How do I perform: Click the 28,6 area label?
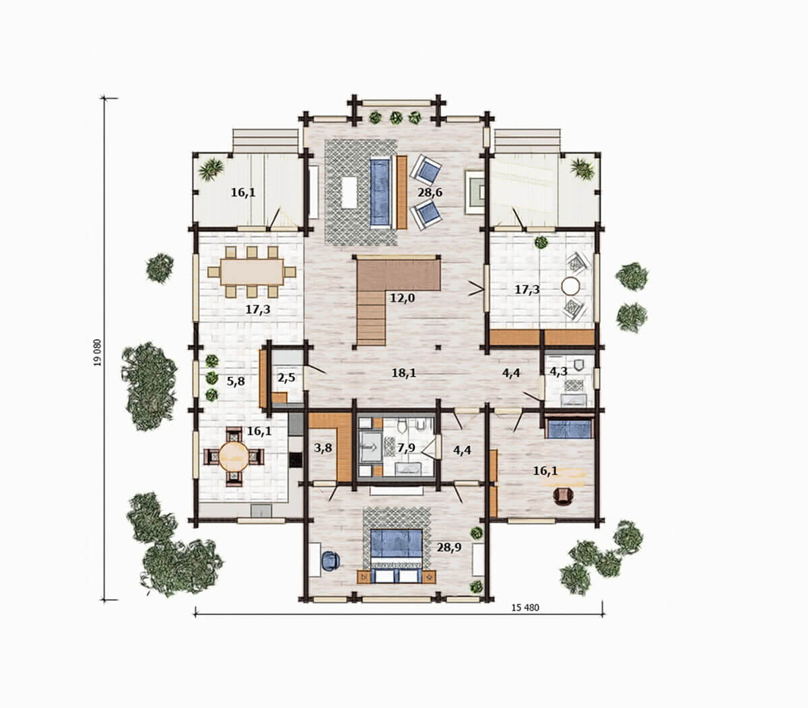tap(430, 192)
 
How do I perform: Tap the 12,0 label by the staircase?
tap(402, 297)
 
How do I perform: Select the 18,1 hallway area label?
tap(404, 373)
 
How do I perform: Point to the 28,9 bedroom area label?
tap(448, 547)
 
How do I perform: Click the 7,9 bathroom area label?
tap(406, 448)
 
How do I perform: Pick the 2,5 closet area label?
tap(286, 377)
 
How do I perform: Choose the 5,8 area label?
tap(236, 382)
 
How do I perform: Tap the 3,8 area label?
tap(323, 448)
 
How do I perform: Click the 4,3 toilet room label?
tap(558, 371)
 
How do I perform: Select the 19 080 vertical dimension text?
tap(98, 353)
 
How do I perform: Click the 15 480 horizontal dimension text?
tap(525, 608)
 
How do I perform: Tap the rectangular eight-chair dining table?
tap(252, 272)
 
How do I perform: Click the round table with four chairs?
tap(234, 456)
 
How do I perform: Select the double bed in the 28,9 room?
tap(397, 556)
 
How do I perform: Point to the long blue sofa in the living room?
tap(380, 192)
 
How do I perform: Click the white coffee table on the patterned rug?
tap(349, 192)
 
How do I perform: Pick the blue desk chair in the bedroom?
tap(331, 561)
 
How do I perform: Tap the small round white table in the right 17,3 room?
tap(570, 286)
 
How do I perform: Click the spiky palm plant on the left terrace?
tap(211, 169)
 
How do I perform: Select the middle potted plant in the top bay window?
tap(396, 118)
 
